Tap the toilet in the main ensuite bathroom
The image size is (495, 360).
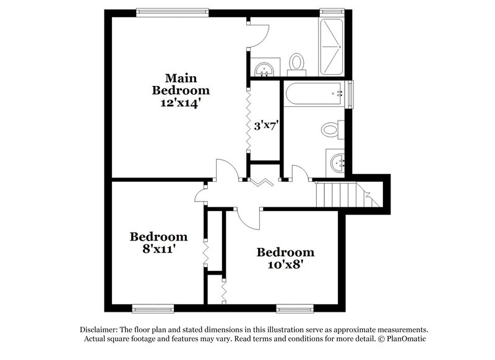(298, 63)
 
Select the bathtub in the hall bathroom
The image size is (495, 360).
(314, 94)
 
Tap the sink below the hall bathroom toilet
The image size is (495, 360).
(338, 163)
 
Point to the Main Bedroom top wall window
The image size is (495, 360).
(173, 11)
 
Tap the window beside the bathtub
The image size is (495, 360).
(351, 94)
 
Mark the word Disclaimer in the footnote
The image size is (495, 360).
(98, 330)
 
